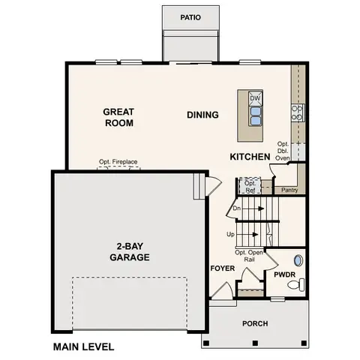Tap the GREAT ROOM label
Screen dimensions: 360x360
118,117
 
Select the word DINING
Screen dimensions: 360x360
202,115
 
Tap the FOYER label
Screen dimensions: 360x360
223,268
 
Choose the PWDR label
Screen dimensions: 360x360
285,274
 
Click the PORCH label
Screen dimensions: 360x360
254,324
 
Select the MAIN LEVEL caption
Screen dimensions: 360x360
83,347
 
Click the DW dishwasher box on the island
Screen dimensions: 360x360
255,98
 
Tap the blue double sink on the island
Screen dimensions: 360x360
255,115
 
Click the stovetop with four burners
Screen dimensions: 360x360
297,112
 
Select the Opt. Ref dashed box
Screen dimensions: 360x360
250,185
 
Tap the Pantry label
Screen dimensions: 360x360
289,190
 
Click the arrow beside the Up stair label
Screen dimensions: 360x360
249,235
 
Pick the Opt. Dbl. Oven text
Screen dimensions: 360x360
283,151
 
